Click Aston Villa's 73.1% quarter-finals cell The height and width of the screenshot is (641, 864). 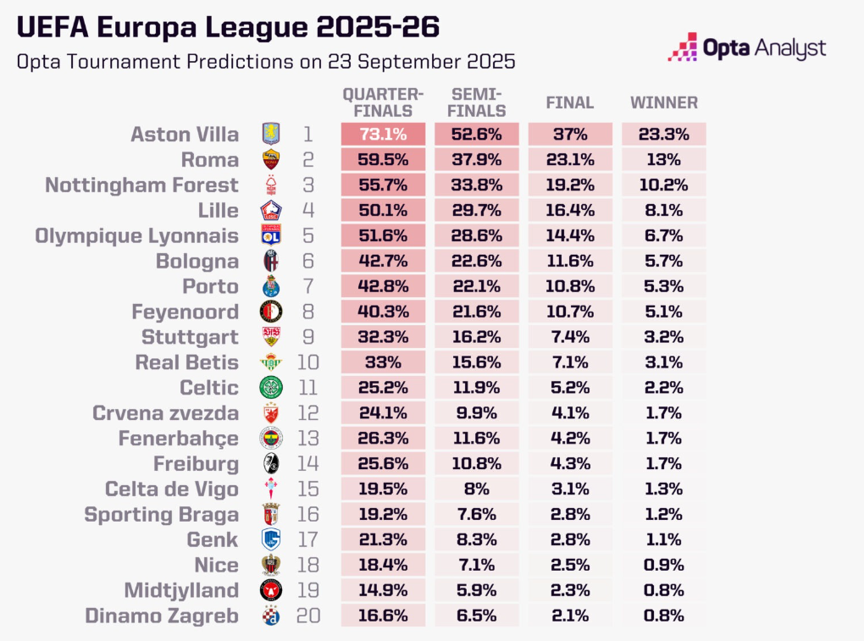[x=383, y=134]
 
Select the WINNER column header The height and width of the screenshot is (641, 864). [x=664, y=102]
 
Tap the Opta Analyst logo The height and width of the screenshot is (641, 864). [x=746, y=47]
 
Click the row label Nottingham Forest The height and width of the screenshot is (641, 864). [x=141, y=185]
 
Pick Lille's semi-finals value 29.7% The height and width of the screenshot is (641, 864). [x=477, y=210]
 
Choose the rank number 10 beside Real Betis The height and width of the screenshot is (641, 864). [x=308, y=362]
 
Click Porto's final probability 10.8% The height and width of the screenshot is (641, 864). [x=570, y=286]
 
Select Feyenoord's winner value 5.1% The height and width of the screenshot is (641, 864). [x=663, y=312]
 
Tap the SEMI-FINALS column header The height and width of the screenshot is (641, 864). [x=478, y=102]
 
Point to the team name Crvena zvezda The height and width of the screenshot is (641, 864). [x=165, y=413]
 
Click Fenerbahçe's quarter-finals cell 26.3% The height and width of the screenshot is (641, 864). [x=383, y=439]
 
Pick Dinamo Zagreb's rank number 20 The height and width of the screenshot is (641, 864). [x=308, y=616]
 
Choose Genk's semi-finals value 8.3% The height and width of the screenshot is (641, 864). [x=477, y=539]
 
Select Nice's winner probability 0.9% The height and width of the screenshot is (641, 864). [x=663, y=565]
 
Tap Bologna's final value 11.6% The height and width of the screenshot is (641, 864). [x=570, y=261]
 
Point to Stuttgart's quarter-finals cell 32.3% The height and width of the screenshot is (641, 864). [x=383, y=337]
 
